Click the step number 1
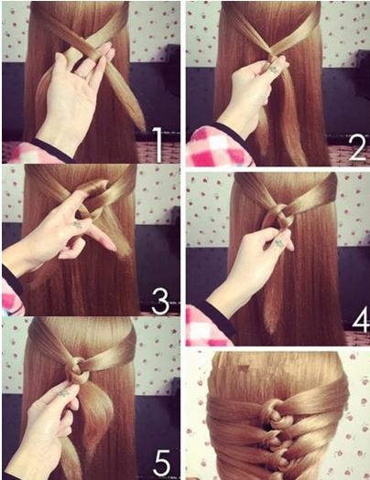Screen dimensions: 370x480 pyautogui.click(x=158, y=144)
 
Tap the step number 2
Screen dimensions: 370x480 pyautogui.click(x=357, y=148)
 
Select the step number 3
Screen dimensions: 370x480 pyautogui.click(x=160, y=302)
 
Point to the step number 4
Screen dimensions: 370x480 pyautogui.click(x=361, y=320)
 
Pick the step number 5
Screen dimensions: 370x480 pyautogui.click(x=161, y=464)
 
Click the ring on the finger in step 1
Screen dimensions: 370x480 pyautogui.click(x=82, y=76)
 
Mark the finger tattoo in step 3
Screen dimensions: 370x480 pyautogui.click(x=77, y=226)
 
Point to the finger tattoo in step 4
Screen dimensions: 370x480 pyautogui.click(x=279, y=244)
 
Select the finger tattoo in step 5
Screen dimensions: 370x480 pyautogui.click(x=64, y=393)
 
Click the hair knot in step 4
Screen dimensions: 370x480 pyautogui.click(x=279, y=216)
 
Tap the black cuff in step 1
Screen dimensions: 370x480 pyautogui.click(x=51, y=151)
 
